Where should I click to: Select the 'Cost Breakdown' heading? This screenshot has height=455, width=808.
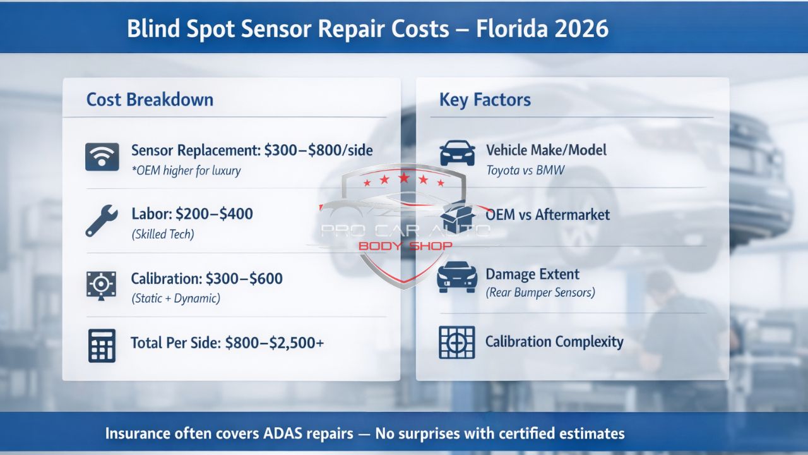coord(150,100)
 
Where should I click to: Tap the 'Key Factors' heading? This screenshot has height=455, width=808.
coord(485,100)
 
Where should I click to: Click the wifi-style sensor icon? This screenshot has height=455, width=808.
coord(102,157)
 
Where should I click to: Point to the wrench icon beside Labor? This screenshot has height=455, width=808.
coord(101,221)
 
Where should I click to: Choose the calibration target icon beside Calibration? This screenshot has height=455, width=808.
coord(101,285)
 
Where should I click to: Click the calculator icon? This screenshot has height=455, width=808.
coord(102,345)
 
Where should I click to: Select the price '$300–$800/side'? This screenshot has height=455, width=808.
coord(318,150)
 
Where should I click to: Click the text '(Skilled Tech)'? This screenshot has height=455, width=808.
coord(163,234)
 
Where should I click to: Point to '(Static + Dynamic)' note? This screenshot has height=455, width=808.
coord(175,298)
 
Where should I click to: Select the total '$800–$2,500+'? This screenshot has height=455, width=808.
coord(275,343)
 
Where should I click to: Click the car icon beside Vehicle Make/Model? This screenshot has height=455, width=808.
coord(457,153)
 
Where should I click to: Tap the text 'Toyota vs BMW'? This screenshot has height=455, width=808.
coord(525,170)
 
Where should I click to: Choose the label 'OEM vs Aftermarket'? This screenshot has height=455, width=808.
coord(548,215)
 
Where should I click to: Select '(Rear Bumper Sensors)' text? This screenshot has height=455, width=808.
coord(540,293)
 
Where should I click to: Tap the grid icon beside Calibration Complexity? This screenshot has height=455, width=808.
coord(456,343)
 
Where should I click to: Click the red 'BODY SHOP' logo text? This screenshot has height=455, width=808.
coord(405,245)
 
